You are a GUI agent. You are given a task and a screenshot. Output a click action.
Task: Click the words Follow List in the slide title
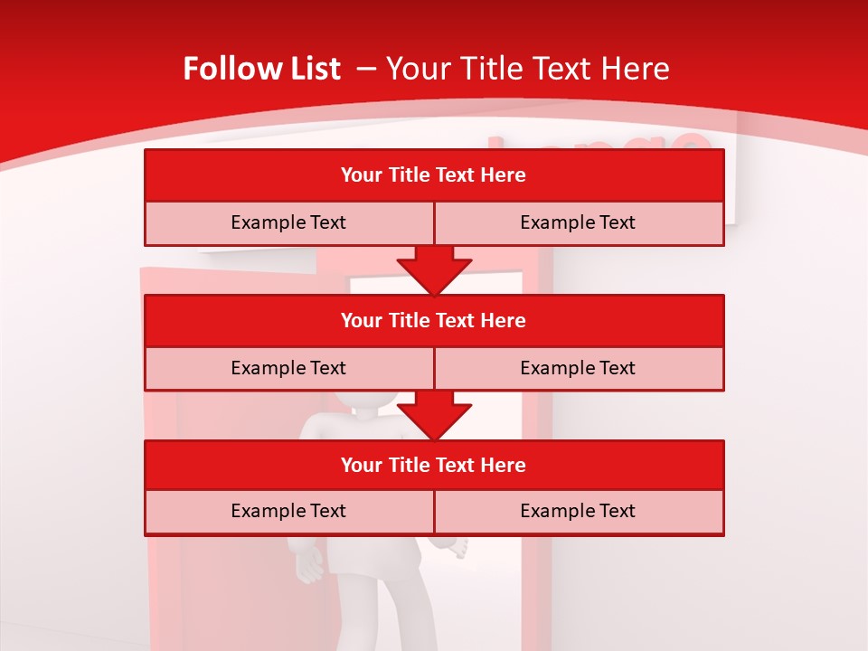tap(262, 69)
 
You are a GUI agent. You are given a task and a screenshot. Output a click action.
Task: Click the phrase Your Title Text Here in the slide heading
tap(528, 69)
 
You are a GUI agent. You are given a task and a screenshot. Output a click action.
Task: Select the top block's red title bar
tap(434, 175)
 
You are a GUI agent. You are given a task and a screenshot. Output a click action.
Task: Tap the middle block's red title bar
tap(434, 320)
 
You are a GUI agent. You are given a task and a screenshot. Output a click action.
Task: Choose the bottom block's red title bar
tap(434, 465)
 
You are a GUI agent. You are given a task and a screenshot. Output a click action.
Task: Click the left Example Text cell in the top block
tap(288, 222)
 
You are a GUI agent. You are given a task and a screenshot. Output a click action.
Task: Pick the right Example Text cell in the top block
tap(578, 222)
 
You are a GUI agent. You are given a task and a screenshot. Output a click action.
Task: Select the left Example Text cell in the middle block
tap(288, 368)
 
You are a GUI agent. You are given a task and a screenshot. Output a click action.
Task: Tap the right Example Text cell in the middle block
tap(578, 368)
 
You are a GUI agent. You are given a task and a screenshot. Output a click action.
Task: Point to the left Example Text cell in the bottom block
tap(288, 511)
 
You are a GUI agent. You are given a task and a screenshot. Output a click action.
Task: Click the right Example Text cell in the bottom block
tap(578, 511)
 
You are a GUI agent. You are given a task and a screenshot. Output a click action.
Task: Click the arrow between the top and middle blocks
tap(434, 269)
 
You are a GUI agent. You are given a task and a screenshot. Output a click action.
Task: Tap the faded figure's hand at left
tap(307, 565)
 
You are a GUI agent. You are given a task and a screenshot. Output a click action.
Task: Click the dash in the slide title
tap(366, 69)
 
